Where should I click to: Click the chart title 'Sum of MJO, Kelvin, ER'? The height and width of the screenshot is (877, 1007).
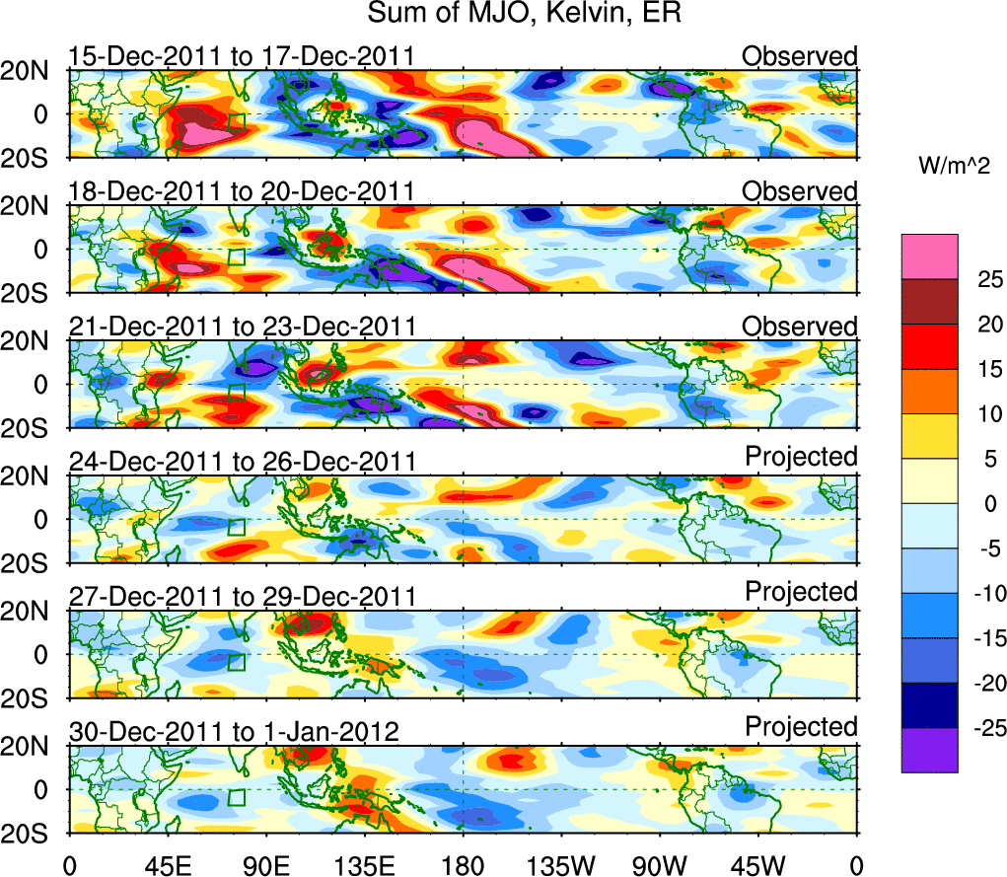pyautogui.click(x=525, y=15)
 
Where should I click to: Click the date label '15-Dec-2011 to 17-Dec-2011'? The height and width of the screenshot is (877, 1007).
pyautogui.click(x=241, y=56)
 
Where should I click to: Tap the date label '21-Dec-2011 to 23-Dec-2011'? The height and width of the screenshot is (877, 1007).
pyautogui.click(x=241, y=327)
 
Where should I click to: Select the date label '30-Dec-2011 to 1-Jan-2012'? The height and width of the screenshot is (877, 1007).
pyautogui.click(x=233, y=732)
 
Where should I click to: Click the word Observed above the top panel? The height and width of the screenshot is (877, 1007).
pyautogui.click(x=800, y=56)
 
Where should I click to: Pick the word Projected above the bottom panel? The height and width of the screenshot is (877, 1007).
pyautogui.click(x=801, y=727)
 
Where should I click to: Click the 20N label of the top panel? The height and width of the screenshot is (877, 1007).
pyautogui.click(x=33, y=70)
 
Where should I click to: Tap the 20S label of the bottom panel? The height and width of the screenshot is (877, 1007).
pyautogui.click(x=33, y=834)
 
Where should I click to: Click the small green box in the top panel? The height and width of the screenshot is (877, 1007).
pyautogui.click(x=236, y=121)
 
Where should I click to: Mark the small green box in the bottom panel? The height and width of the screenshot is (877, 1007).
pyautogui.click(x=236, y=797)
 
